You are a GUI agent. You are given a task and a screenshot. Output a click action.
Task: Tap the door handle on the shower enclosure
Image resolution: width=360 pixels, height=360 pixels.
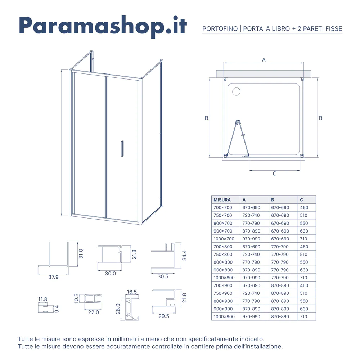click(x=122, y=149)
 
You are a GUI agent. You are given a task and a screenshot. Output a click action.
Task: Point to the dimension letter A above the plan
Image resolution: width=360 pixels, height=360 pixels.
click(x=264, y=59)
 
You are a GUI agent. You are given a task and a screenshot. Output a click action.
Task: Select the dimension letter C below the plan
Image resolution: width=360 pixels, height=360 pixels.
click(x=275, y=174)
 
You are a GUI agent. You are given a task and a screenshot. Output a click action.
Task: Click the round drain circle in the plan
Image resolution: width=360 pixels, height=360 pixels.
click(x=236, y=91)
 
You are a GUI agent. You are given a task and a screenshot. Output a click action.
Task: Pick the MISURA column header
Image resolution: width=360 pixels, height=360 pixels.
click(x=222, y=200)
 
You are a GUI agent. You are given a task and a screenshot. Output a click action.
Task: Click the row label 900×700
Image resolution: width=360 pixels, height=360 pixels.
click(x=223, y=231)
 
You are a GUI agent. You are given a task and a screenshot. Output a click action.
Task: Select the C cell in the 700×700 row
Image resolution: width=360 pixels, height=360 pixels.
click(x=304, y=208)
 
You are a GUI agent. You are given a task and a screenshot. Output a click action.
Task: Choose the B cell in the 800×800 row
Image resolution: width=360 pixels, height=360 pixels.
click(x=280, y=262)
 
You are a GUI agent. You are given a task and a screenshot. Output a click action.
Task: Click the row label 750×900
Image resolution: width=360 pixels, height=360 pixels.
click(x=223, y=293)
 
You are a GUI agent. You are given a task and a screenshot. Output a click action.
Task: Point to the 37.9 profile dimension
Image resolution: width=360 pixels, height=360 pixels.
click(x=53, y=277)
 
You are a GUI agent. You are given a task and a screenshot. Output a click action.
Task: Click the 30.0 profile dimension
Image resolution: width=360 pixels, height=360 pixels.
click(x=110, y=273)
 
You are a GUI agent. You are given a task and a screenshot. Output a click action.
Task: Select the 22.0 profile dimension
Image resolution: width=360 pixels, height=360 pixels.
click(x=93, y=312)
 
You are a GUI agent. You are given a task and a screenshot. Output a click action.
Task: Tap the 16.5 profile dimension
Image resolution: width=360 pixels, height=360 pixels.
click(x=132, y=292)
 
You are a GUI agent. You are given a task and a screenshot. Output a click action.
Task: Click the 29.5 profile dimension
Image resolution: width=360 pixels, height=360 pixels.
click(x=164, y=316)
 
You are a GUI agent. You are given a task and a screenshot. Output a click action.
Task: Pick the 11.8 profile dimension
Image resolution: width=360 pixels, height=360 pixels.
click(x=42, y=299)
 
